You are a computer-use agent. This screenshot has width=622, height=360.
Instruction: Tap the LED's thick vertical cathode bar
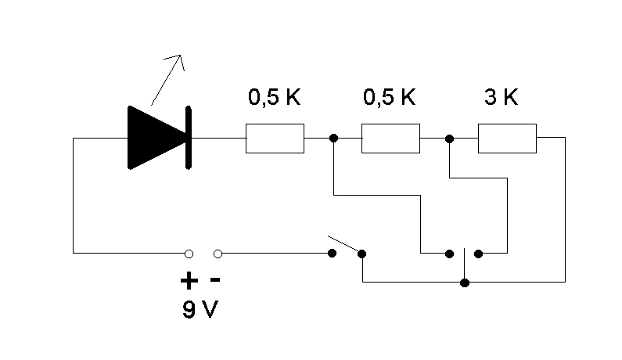coord(189,138)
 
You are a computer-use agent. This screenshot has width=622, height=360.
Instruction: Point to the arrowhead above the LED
coord(178,61)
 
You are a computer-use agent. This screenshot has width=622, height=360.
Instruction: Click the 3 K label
coord(501,97)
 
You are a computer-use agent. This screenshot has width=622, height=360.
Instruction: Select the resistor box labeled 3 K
coord(507,138)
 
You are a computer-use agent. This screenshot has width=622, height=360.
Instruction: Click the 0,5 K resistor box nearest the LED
coord(275,138)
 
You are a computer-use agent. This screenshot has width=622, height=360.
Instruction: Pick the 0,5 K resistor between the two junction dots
coord(390,138)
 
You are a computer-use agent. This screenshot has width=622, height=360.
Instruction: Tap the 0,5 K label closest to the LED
coord(275,97)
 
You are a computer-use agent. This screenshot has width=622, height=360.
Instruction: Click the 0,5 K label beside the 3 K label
coord(390,97)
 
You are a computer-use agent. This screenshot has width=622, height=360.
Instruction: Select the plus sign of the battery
coord(189,281)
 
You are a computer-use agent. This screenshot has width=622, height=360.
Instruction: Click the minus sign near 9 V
coord(215,280)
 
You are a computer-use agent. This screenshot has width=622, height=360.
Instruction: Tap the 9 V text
coord(200,309)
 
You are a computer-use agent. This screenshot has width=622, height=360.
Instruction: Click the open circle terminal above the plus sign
coord(189,254)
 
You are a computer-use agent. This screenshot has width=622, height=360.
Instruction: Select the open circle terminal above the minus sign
coord(218,254)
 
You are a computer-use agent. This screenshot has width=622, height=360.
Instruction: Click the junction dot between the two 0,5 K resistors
coord(333,138)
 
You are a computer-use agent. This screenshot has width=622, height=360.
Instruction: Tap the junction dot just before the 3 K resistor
coord(449,139)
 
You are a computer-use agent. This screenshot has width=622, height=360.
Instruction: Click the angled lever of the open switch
coord(343,244)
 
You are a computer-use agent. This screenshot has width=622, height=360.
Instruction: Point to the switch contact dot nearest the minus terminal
coord(332,254)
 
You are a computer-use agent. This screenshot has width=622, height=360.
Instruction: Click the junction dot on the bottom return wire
coord(465,283)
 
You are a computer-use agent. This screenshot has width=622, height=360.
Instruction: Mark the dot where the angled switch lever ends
coord(361,254)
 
